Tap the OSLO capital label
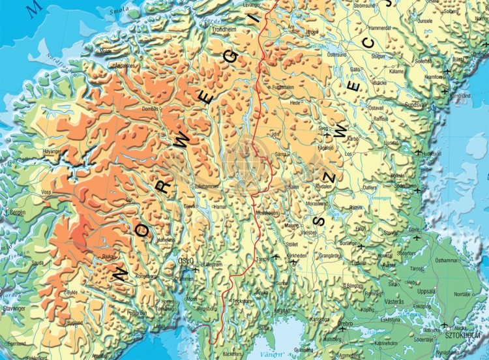(x=186, y=261)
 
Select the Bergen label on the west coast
(x=16, y=213)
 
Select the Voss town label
(x=46, y=192)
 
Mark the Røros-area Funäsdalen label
(x=284, y=87)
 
